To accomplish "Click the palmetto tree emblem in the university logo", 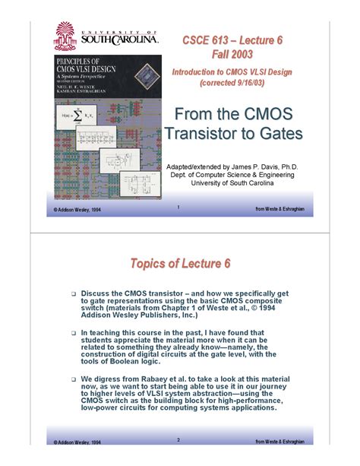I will (65, 32).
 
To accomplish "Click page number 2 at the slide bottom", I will (177, 439).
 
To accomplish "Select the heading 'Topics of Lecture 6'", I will (179, 264).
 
